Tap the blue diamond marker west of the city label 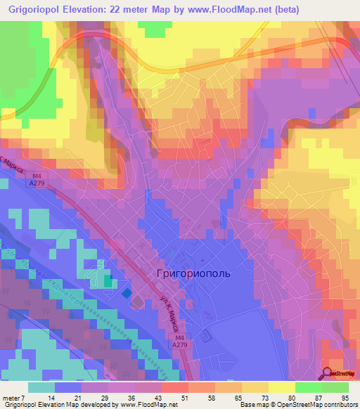coord(127,293)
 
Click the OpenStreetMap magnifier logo coord(328,375)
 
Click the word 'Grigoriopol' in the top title coord(35,10)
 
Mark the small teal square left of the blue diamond coord(108,281)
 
